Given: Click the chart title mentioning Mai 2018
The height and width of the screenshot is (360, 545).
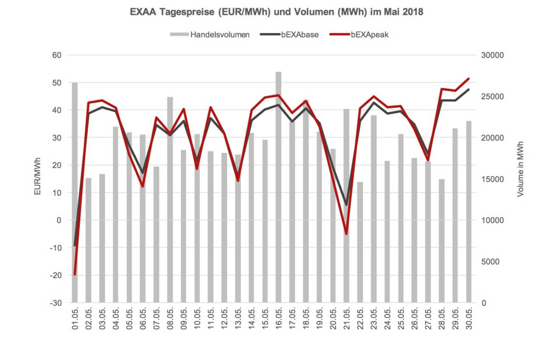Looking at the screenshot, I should (276, 12).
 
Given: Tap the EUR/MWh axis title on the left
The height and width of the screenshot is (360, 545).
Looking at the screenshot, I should (37, 176).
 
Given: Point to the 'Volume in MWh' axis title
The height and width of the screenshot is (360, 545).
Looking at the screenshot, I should (520, 169).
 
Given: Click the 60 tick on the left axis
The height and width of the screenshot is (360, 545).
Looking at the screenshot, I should (57, 55).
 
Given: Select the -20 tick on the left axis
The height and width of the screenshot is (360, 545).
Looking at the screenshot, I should (56, 276).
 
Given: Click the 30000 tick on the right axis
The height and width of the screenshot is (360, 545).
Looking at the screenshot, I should (492, 55).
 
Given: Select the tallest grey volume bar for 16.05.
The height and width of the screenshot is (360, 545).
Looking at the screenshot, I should (279, 189).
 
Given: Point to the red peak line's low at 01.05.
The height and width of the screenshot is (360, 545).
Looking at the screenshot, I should (75, 274).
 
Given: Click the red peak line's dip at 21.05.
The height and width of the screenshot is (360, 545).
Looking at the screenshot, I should (346, 234).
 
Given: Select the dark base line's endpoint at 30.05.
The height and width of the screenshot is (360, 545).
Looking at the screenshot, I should (469, 90).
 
